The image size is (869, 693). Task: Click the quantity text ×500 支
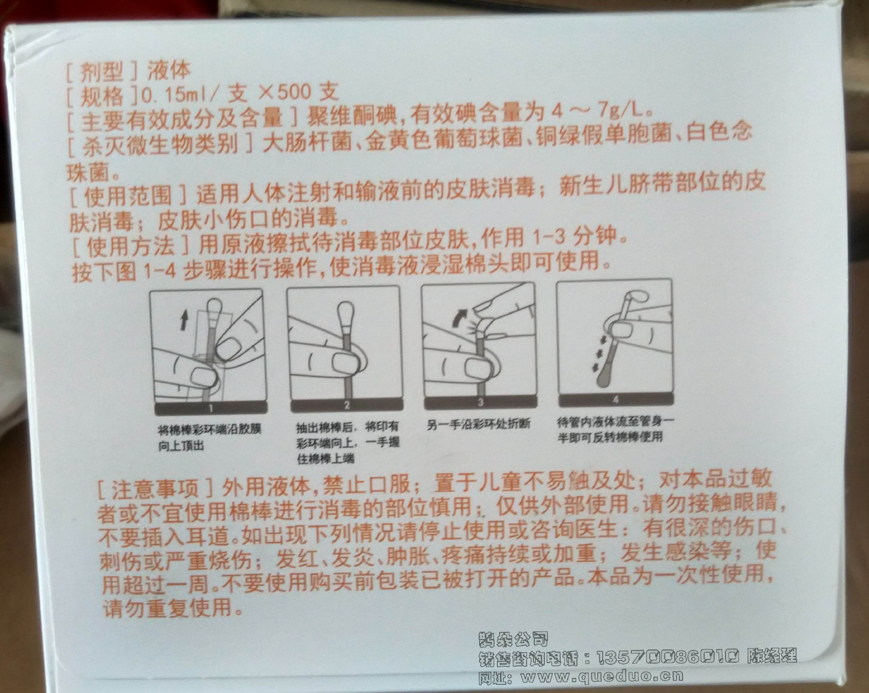coord(297,92)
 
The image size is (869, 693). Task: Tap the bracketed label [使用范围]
coord(130,195)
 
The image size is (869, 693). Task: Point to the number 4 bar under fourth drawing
coord(615,400)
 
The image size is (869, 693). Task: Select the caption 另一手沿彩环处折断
coord(478,425)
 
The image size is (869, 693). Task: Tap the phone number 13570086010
coord(667,656)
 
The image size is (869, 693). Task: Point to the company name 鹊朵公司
coord(513,639)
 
